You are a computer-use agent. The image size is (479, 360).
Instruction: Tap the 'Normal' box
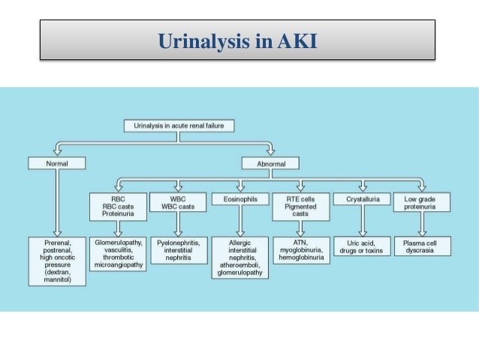pos(56,162)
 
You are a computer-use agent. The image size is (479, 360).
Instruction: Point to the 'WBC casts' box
pos(176,202)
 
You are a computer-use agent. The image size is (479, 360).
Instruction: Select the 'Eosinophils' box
pos(238,200)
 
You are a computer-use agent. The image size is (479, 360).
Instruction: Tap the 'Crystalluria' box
pos(363,200)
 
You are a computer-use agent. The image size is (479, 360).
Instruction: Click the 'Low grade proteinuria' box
pos(421,203)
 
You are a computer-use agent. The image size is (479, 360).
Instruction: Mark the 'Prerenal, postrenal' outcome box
pos(56,261)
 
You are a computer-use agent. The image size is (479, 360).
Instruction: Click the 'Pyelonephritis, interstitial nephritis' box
pos(177,250)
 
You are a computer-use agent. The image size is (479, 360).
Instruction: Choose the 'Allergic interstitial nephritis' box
pos(239,259)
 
